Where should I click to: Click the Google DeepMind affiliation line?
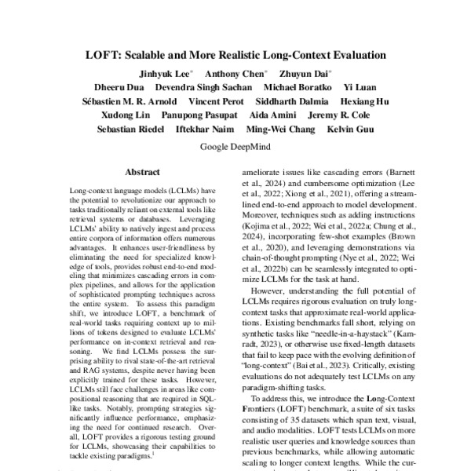(235, 146)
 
